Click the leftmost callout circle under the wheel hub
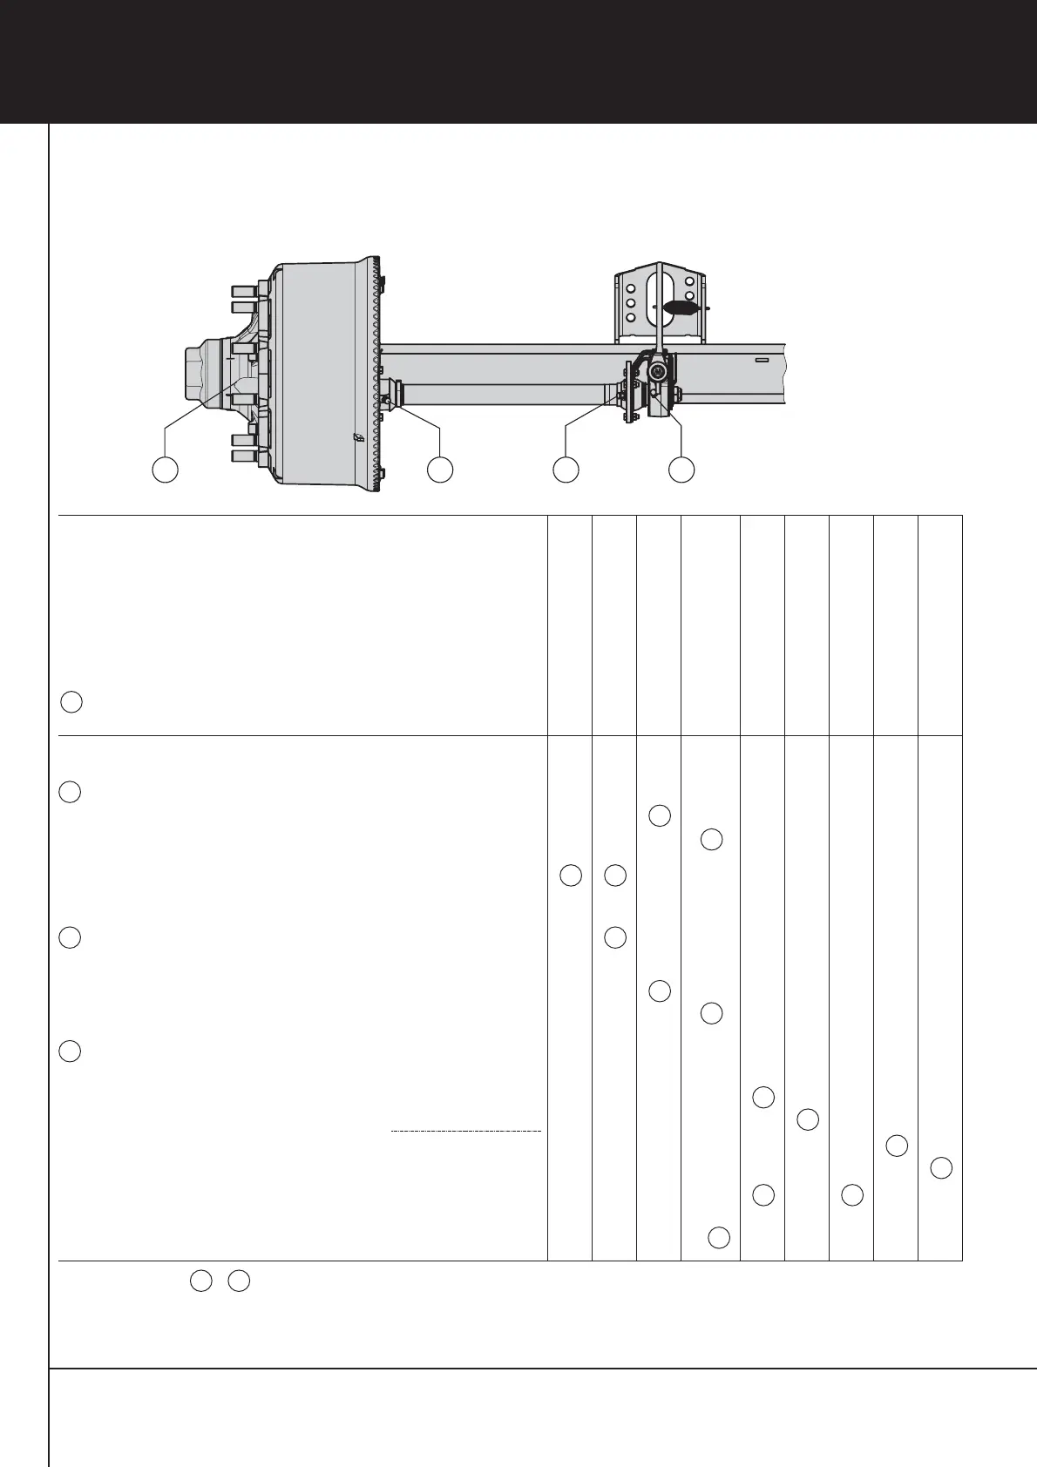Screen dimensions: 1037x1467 (166, 469)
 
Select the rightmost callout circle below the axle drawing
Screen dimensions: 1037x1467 (681, 469)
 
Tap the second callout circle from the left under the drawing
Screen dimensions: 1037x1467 (440, 469)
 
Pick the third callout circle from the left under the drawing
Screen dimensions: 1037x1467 (566, 469)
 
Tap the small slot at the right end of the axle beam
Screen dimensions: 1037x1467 (761, 359)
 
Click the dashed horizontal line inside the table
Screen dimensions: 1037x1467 (466, 1131)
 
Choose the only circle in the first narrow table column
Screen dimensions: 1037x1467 (570, 875)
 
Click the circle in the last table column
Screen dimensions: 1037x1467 (941, 1168)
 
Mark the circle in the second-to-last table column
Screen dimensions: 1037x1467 (897, 1146)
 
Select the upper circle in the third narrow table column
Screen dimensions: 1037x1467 (660, 816)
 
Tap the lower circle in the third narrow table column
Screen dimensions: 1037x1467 (660, 990)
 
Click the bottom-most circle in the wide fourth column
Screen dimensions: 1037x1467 (719, 1237)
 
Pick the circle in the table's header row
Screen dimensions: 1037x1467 (71, 702)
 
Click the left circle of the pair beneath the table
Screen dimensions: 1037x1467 (200, 1281)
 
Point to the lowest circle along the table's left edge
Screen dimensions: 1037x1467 (71, 1051)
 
